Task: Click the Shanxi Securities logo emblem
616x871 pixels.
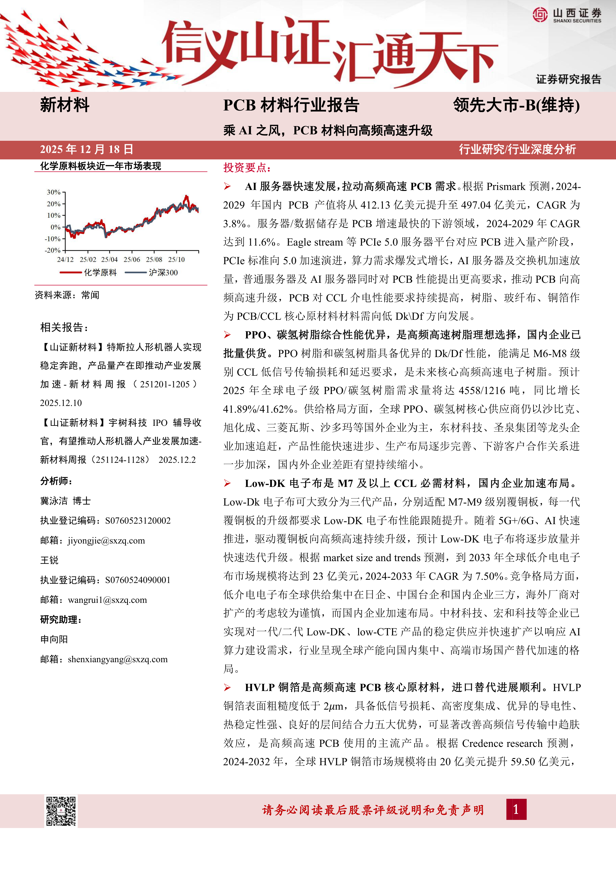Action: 540,15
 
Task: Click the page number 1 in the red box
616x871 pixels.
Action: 516,809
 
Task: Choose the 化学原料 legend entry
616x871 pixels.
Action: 100,272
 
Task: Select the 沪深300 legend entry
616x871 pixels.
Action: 163,272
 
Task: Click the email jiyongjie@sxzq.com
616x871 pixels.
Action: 106,541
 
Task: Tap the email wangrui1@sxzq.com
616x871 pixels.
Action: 107,600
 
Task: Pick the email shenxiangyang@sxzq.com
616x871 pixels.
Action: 118,659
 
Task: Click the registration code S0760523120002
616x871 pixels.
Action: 138,520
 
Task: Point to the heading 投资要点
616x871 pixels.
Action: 247,168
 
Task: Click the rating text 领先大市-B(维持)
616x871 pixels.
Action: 516,105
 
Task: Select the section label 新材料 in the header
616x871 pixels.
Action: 65,105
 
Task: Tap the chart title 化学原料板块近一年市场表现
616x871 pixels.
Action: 101,166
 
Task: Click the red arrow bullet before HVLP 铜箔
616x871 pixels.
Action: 227,688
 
